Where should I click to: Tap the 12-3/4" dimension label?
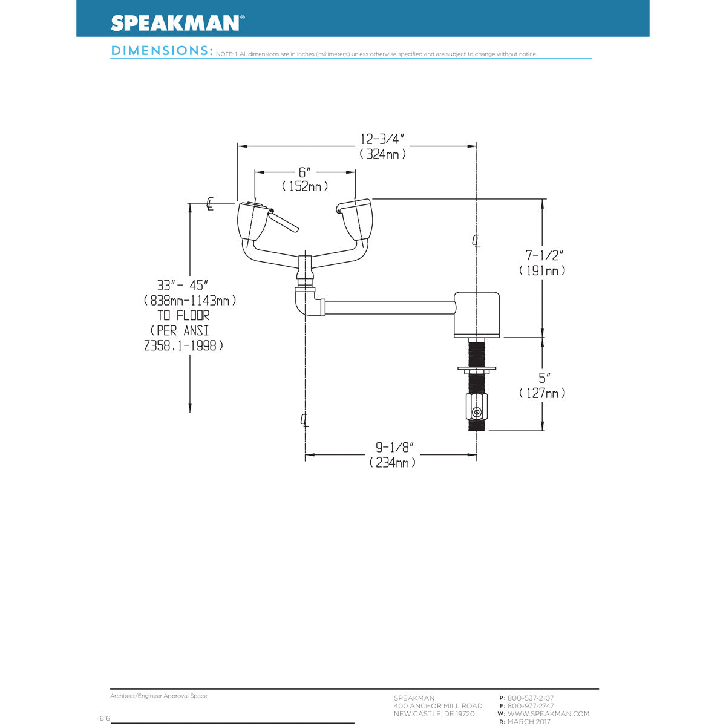(x=382, y=138)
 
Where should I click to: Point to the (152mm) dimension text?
(x=304, y=186)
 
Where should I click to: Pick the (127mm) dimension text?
(x=542, y=393)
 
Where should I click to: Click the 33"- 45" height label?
(x=183, y=284)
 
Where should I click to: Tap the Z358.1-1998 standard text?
(x=184, y=346)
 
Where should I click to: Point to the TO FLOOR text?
(x=183, y=315)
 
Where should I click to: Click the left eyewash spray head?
(x=252, y=221)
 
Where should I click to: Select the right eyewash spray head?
(x=358, y=219)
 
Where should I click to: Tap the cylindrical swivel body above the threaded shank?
(x=477, y=315)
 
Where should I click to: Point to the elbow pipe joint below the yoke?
(x=306, y=301)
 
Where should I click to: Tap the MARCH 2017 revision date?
(x=529, y=722)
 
